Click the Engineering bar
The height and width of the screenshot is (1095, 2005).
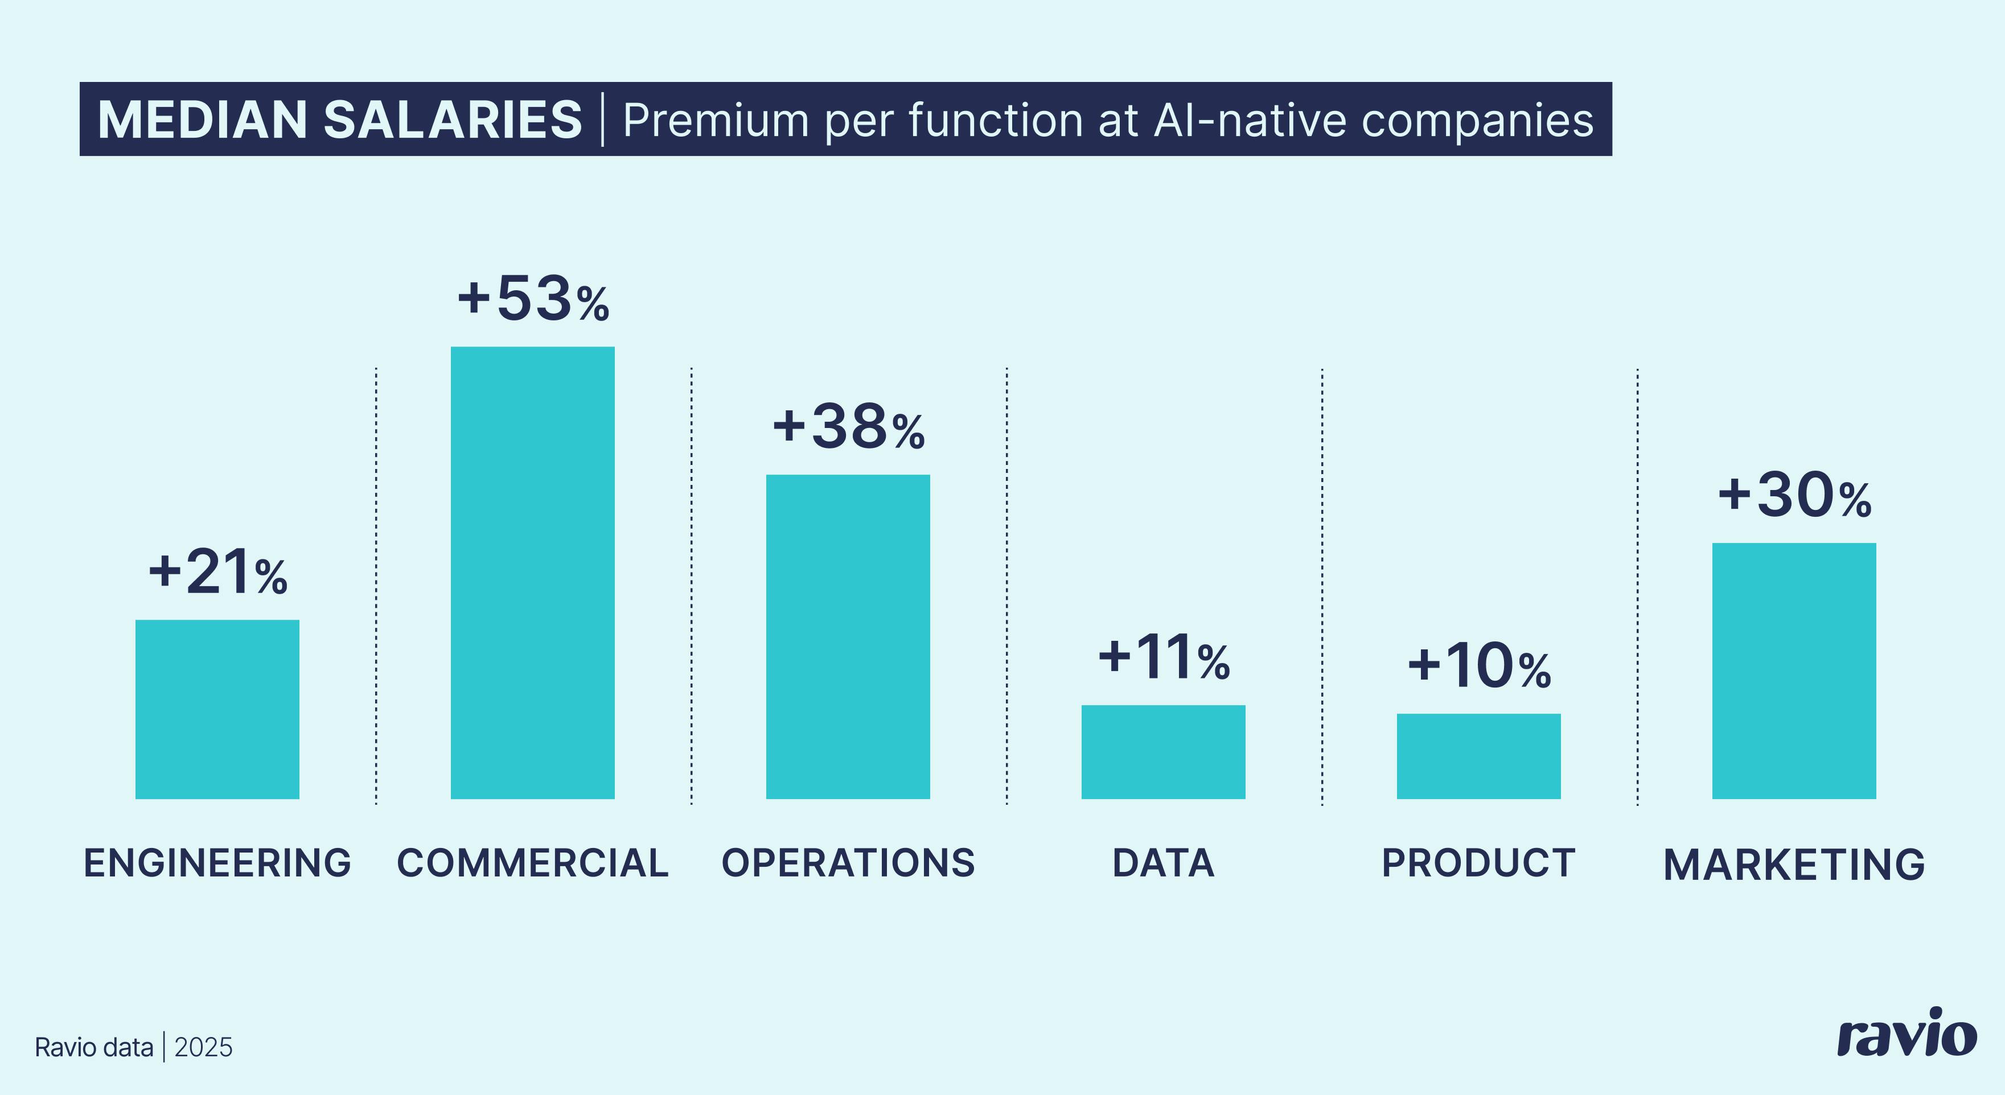(217, 709)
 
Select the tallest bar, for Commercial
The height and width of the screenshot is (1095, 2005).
(532, 572)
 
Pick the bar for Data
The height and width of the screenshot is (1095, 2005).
(1163, 751)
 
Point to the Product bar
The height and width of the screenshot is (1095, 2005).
(1478, 756)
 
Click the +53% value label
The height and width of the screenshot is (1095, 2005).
(533, 298)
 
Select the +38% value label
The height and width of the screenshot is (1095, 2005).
(848, 426)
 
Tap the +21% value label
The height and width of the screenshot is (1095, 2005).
(218, 572)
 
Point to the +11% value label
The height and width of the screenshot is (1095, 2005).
(1164, 657)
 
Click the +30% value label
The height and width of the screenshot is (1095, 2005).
(1794, 495)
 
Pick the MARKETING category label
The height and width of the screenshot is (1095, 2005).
(1794, 865)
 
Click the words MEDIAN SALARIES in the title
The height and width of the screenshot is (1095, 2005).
(339, 120)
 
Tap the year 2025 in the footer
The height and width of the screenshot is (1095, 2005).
(203, 1048)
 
